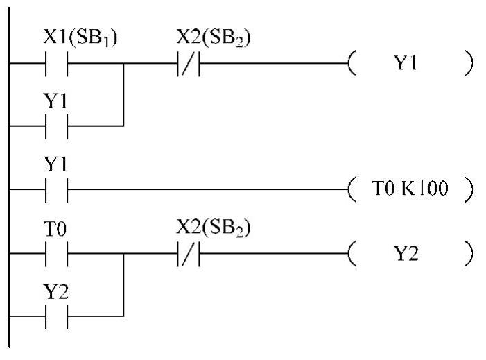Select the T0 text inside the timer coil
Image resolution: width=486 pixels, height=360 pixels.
coord(383,188)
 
